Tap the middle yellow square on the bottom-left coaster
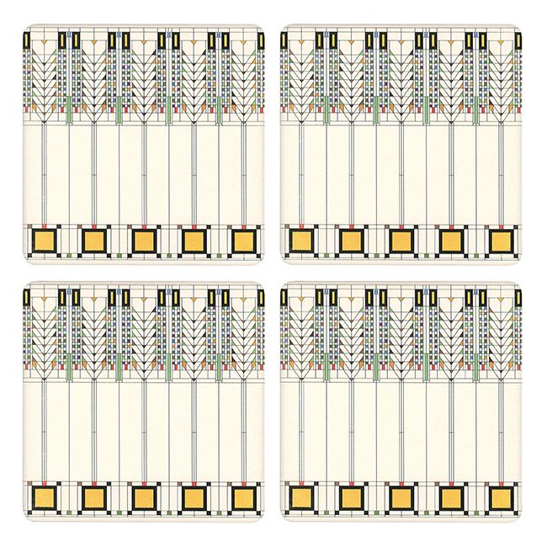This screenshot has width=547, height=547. pyautogui.click(x=143, y=499)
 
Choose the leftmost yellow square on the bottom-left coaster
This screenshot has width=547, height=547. pyautogui.click(x=42, y=499)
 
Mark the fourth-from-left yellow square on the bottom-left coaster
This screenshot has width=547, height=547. pyautogui.click(x=194, y=499)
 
